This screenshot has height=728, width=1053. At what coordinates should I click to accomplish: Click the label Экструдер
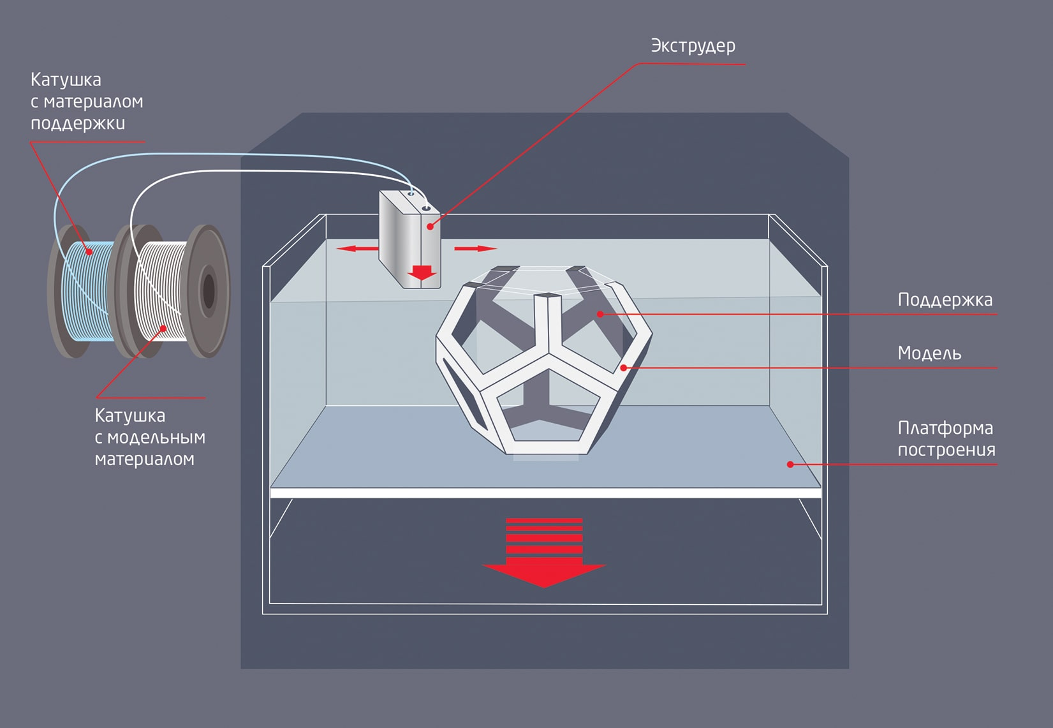[693, 46]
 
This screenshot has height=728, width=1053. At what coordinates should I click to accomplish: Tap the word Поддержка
[945, 300]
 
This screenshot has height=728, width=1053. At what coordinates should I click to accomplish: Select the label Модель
[929, 353]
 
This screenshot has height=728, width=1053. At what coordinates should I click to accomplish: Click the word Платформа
[945, 428]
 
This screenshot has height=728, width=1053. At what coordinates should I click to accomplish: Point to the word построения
[946, 450]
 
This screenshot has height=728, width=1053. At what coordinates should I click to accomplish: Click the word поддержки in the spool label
[78, 123]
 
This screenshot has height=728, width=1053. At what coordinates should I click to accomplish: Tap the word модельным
[156, 438]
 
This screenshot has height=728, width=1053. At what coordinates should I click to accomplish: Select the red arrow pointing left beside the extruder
[355, 248]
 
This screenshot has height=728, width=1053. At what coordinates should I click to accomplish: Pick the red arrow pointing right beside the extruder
[475, 248]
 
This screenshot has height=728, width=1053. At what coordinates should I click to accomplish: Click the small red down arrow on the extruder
[422, 272]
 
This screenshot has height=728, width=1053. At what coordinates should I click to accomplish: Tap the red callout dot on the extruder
[430, 226]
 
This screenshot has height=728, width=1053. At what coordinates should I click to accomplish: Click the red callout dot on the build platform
[790, 464]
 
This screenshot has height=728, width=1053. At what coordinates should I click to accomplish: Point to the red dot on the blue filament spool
[90, 252]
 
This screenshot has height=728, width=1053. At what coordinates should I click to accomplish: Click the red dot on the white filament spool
[163, 329]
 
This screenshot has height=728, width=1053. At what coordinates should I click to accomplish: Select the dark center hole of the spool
[209, 291]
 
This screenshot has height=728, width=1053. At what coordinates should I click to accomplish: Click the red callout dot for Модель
[624, 368]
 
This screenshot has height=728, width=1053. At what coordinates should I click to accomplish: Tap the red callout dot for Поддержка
[600, 314]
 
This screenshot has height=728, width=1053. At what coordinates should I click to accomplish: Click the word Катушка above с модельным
[130, 415]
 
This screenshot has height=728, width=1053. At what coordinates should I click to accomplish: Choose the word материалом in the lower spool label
[144, 459]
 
